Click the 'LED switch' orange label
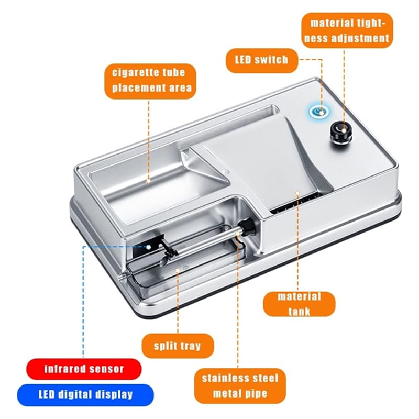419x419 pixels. tap(262, 60)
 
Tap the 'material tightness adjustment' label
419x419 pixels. tap(347, 30)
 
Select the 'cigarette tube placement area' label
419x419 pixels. tap(150, 81)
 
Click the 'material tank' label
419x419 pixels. tap(299, 304)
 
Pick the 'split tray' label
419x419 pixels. tap(178, 346)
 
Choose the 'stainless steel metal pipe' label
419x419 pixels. tap(240, 385)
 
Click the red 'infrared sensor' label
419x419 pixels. tap(84, 369)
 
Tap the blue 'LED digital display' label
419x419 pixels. tap(85, 395)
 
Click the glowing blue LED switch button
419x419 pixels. tap(319, 111)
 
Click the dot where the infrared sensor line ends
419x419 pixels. tap(148, 247)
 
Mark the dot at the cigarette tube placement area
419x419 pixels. tap(149, 181)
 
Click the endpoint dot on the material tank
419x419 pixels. tap(298, 192)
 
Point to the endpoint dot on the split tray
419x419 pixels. tap(178, 270)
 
